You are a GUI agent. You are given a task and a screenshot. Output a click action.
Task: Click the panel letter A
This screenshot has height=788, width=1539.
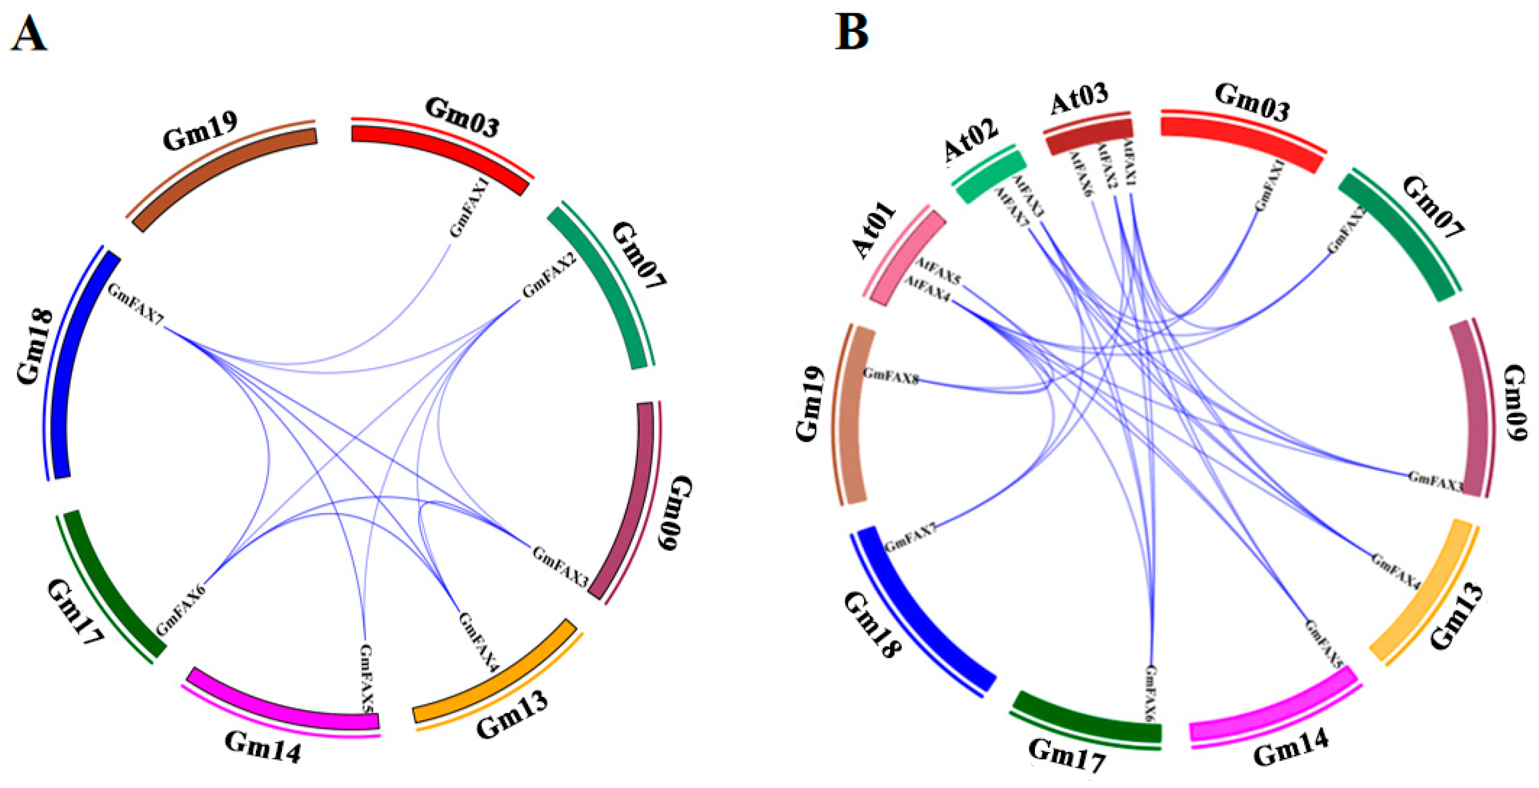pyautogui.click(x=28, y=34)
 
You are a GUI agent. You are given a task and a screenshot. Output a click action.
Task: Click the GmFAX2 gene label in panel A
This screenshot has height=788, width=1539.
pyautogui.click(x=549, y=274)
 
